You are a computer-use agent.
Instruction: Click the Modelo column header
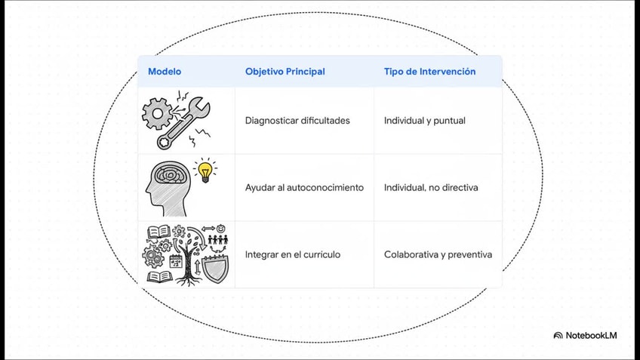pos(165,72)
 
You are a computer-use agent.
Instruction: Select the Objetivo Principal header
pos(285,72)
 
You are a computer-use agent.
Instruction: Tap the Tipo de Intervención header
pos(429,72)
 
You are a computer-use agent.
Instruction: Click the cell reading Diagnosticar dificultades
pos(297,121)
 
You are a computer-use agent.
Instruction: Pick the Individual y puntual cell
pos(424,121)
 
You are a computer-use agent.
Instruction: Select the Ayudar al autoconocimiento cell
pos(304,187)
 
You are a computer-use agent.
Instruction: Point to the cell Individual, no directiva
pos(430,187)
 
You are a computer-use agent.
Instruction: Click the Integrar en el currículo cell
pos(292,255)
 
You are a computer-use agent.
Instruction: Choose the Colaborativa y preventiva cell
pos(438,255)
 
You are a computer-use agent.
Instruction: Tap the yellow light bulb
pos(204,170)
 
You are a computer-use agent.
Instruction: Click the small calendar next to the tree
pos(176,262)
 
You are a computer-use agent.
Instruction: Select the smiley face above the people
pos(221,228)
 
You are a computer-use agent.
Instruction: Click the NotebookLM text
pos(590,335)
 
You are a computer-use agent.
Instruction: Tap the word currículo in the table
pos(320,255)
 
